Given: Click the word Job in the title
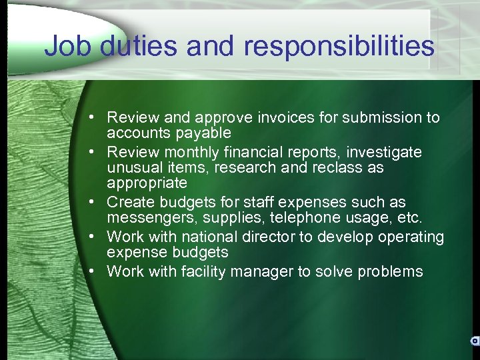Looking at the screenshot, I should click(x=65, y=47).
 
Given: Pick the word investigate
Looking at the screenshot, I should click(x=383, y=153).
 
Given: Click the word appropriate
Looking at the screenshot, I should click(x=147, y=182).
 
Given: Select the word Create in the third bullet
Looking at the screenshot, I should click(x=129, y=202).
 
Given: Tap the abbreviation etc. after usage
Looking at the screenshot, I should click(x=408, y=217).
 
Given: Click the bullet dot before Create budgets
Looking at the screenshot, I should click(x=97, y=202).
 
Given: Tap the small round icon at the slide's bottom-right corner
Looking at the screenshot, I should click(x=475, y=341).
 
